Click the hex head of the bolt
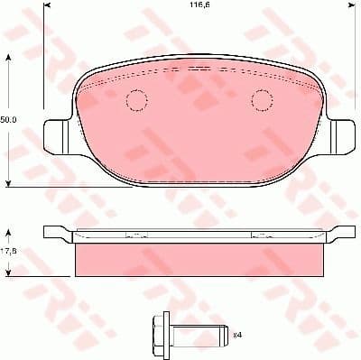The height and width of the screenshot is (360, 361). coord(160,335)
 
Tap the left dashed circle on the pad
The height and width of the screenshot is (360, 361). coord(136,101)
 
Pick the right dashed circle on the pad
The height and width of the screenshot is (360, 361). coord(261,101)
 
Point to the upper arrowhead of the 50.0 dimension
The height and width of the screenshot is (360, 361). coord(10,57)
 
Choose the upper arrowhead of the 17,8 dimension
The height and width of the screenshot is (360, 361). coord(10,231)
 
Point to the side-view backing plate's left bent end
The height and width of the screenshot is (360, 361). coord(57,232)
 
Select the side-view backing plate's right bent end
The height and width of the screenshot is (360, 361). coord(341,232)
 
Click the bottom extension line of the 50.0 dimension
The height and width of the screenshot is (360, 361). coord(36,187)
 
